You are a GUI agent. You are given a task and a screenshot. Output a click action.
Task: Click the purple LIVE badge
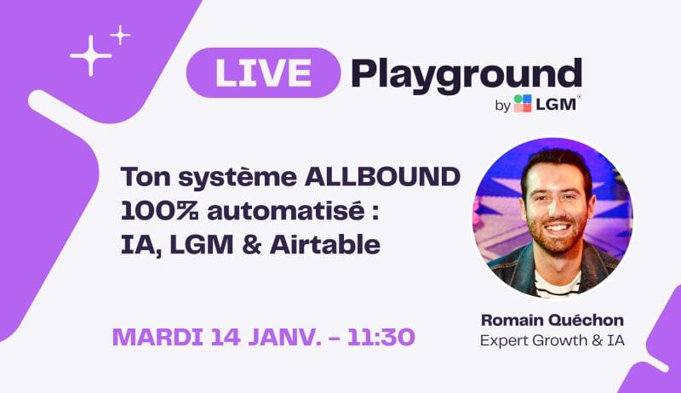pos(263,73)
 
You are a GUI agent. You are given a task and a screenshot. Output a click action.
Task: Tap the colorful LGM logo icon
pos(523,104)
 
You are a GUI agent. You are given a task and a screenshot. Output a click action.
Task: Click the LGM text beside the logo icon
pos(556,104)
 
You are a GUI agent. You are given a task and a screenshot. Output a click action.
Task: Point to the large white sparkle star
pos(91,56)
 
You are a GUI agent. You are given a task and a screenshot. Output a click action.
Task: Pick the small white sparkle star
pos(120,35)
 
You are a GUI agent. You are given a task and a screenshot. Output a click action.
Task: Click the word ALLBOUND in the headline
pos(382,177)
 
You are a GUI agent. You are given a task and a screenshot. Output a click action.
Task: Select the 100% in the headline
pos(159,211)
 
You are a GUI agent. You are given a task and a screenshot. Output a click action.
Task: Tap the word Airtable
pos(325,245)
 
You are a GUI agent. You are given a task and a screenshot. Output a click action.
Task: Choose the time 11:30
pos(381,337)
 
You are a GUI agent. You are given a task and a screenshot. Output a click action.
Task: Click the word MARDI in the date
pos(157,337)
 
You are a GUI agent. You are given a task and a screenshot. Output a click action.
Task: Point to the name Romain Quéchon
pos(552,320)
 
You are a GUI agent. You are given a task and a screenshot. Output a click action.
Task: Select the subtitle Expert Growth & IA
pos(552,340)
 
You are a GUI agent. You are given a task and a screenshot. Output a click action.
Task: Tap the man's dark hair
pos(557,165)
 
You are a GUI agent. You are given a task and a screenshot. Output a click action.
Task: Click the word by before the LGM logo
pos(502,105)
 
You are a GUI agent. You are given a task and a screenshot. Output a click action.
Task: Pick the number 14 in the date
pos(226,337)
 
